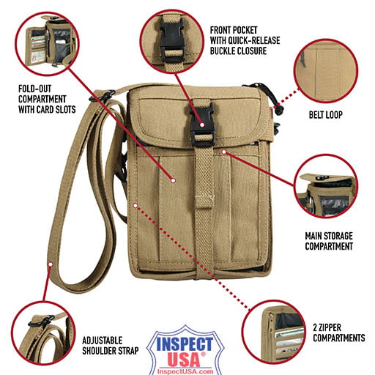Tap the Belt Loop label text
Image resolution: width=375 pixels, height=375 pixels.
(x=325, y=115)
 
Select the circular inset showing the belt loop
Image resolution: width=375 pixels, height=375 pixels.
(x=326, y=71)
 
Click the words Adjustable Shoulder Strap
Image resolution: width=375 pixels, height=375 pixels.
(x=111, y=346)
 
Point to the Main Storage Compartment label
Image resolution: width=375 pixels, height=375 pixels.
(x=329, y=241)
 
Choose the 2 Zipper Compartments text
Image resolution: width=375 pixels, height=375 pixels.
(x=339, y=333)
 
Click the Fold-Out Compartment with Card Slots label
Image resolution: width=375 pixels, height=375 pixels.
(x=47, y=99)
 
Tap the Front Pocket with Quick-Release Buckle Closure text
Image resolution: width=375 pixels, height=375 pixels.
(x=245, y=40)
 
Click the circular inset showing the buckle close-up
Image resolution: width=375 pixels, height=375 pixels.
(x=172, y=41)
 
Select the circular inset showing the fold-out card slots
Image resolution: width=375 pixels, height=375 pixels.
(x=47, y=44)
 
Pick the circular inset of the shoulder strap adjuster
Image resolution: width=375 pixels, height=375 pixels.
(x=43, y=333)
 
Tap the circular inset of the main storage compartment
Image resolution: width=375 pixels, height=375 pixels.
(x=326, y=186)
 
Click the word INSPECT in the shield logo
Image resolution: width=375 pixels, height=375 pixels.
(x=185, y=344)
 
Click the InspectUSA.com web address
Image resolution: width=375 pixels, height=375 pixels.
(x=185, y=371)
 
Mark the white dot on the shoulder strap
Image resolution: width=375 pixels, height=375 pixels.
(x=51, y=264)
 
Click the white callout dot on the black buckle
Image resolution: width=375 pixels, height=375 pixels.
(x=202, y=125)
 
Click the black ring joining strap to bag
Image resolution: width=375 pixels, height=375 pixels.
(x=103, y=96)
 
